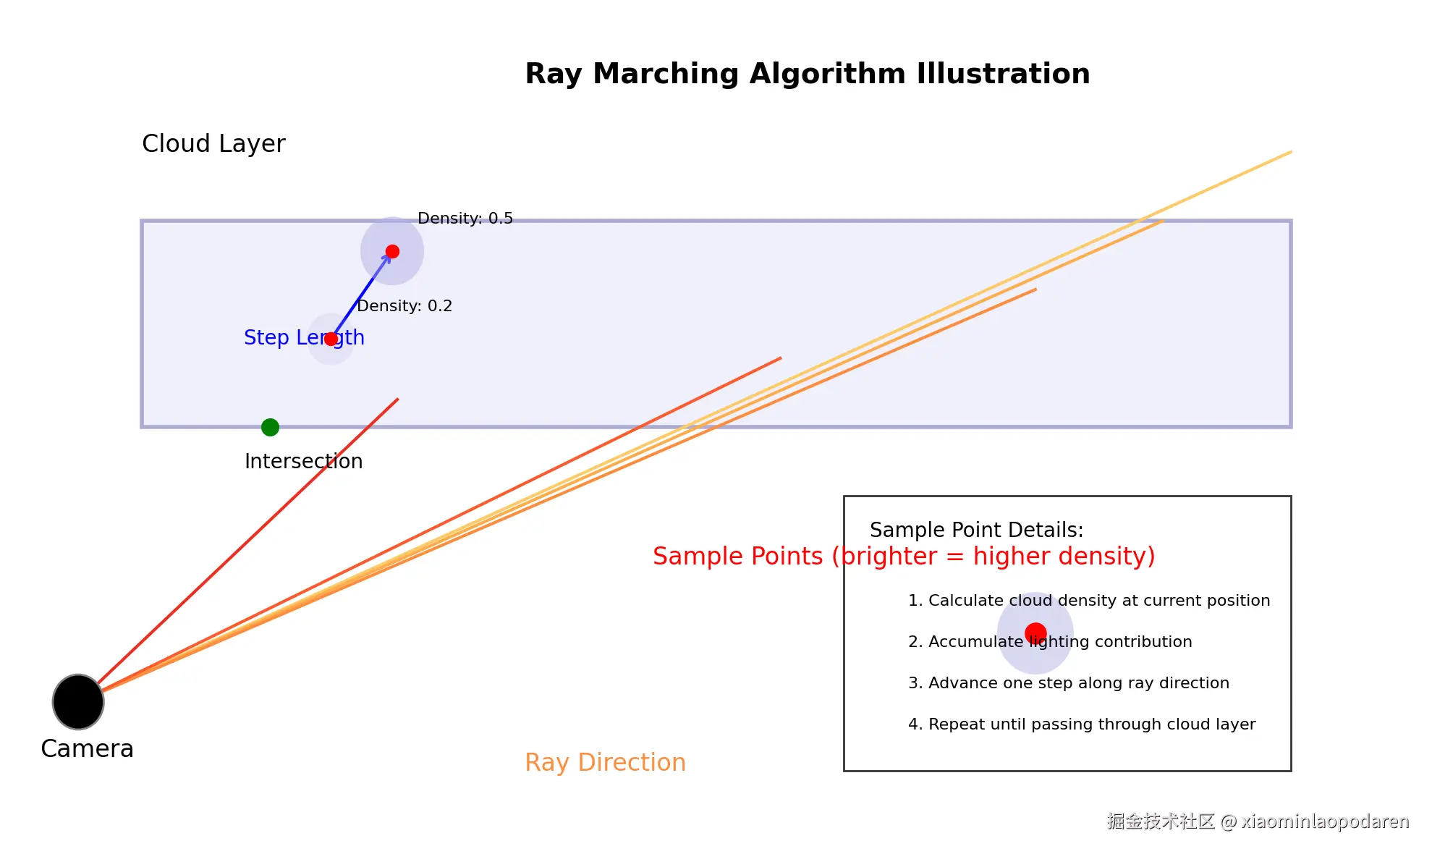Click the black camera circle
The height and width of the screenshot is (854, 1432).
click(x=78, y=701)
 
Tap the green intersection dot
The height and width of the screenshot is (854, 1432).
click(x=270, y=427)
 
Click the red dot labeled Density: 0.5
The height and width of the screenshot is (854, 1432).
click(x=392, y=251)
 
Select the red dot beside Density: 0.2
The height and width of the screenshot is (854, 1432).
click(x=331, y=339)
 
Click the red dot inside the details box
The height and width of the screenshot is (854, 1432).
click(x=1035, y=633)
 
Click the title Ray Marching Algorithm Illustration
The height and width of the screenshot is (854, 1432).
click(x=807, y=74)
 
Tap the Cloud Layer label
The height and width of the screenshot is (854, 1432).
click(x=213, y=143)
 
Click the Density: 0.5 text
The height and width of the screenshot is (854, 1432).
click(x=465, y=218)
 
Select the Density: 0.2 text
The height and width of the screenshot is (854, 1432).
click(x=404, y=305)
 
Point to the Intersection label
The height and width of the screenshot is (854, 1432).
click(x=303, y=461)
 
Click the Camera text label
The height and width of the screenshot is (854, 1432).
click(x=87, y=748)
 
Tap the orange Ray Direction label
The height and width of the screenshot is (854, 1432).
click(x=605, y=762)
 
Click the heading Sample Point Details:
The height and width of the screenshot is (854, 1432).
click(x=976, y=530)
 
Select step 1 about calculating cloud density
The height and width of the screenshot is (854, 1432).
click(x=1088, y=600)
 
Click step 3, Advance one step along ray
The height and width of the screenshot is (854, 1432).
click(x=1068, y=682)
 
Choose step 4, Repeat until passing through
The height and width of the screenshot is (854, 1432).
click(x=1081, y=724)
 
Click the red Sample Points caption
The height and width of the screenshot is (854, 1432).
click(x=904, y=556)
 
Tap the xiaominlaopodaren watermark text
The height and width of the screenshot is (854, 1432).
click(x=1325, y=821)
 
